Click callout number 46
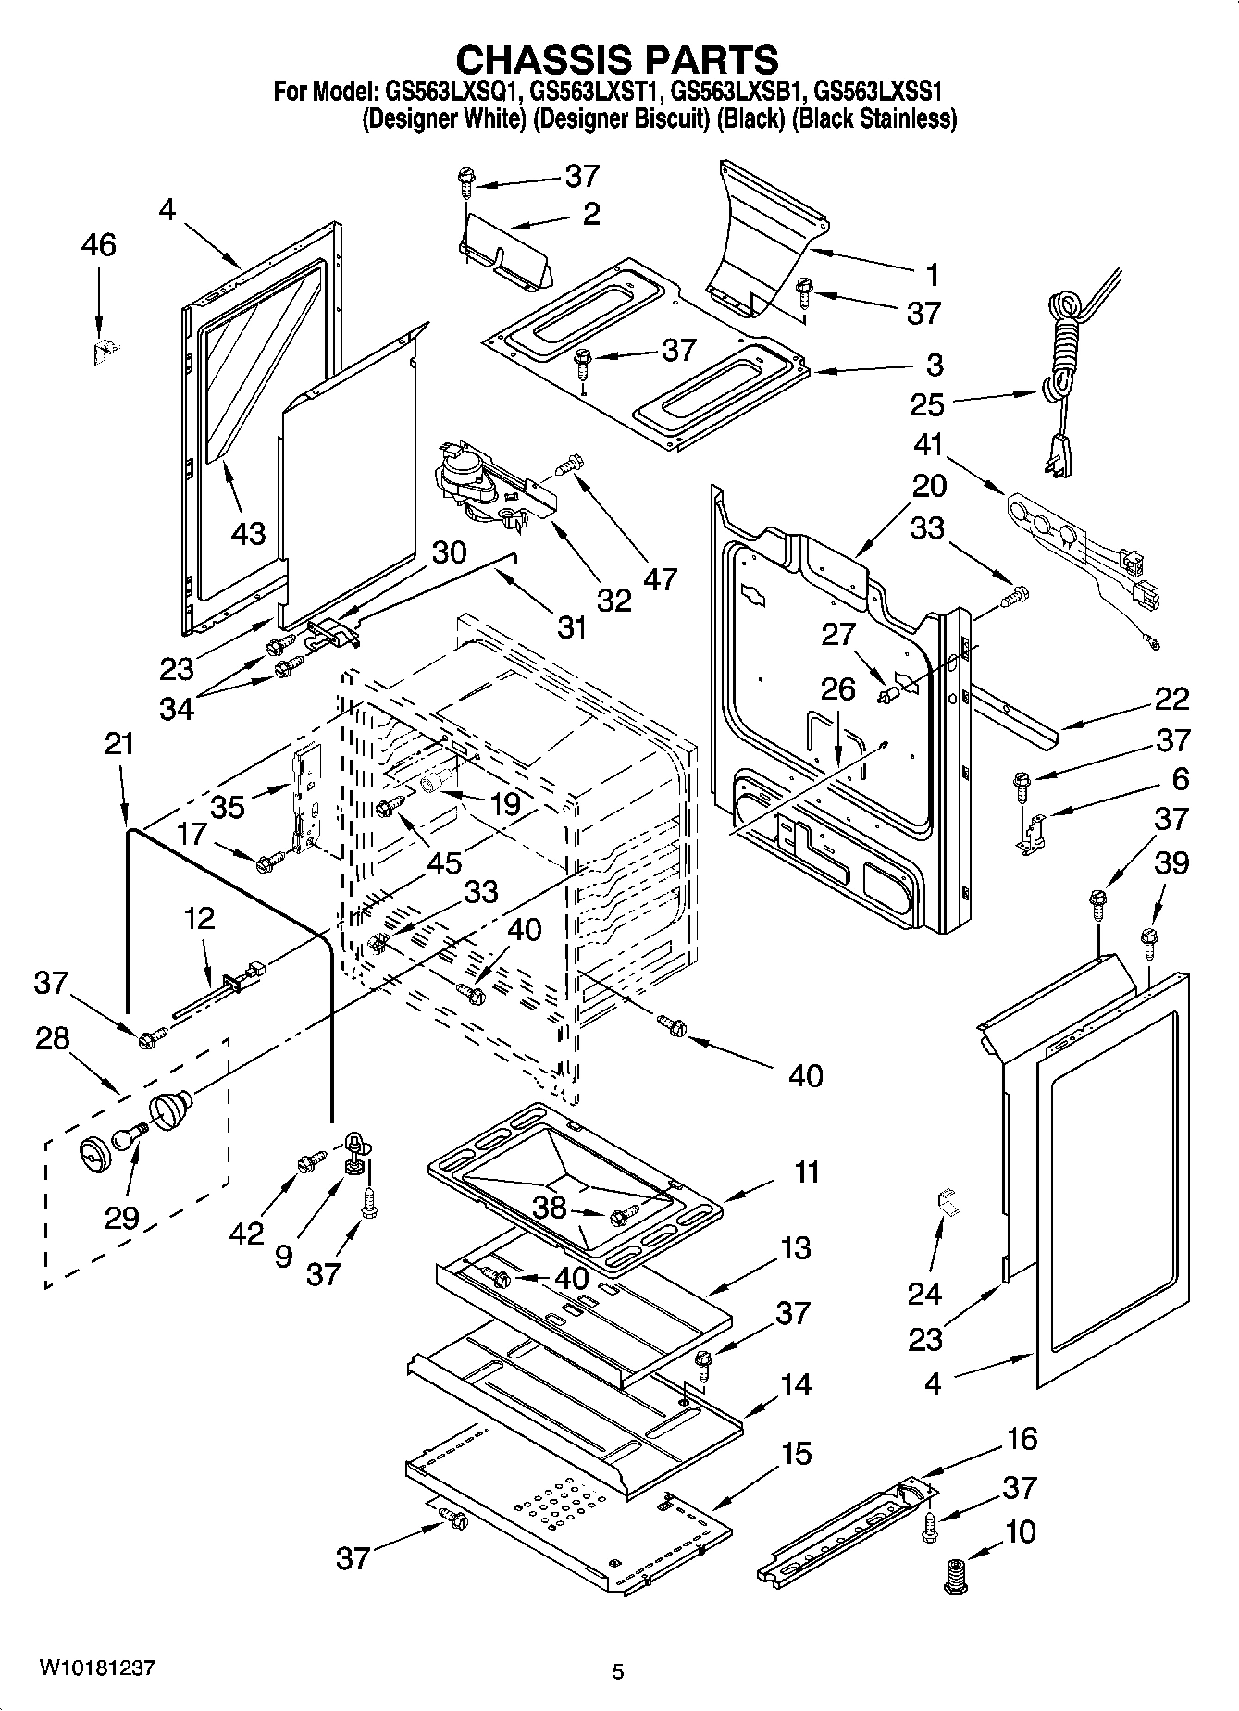point(99,245)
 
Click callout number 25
point(927,404)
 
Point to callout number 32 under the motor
point(613,599)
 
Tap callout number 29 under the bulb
point(121,1218)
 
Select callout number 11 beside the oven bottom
point(806,1172)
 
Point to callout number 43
point(247,533)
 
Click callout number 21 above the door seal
point(119,743)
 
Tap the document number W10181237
point(96,1668)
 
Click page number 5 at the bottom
point(618,1671)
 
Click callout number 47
point(660,578)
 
